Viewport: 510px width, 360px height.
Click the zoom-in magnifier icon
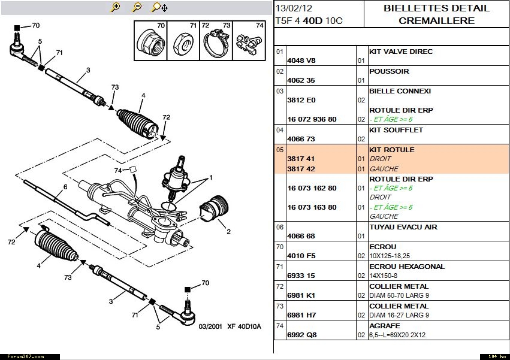point(116,7)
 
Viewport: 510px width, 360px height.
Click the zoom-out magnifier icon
point(137,7)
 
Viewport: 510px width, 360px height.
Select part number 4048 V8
point(301,60)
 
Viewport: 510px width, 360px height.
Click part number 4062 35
point(301,80)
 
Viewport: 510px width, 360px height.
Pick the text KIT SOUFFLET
point(396,130)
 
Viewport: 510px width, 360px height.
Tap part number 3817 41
point(301,159)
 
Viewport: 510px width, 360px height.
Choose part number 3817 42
point(301,169)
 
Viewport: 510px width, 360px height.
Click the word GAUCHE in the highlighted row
point(384,169)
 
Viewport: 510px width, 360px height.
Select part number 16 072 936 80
point(312,119)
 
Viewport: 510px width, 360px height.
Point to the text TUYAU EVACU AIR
point(403,227)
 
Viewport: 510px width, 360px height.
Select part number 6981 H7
point(301,315)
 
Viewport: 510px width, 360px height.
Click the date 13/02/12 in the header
point(294,8)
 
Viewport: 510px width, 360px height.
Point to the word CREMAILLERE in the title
point(436,21)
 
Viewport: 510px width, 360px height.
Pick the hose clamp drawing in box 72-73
point(215,43)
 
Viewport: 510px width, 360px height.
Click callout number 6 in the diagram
point(65,187)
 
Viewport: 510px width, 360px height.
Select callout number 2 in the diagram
point(228,231)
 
